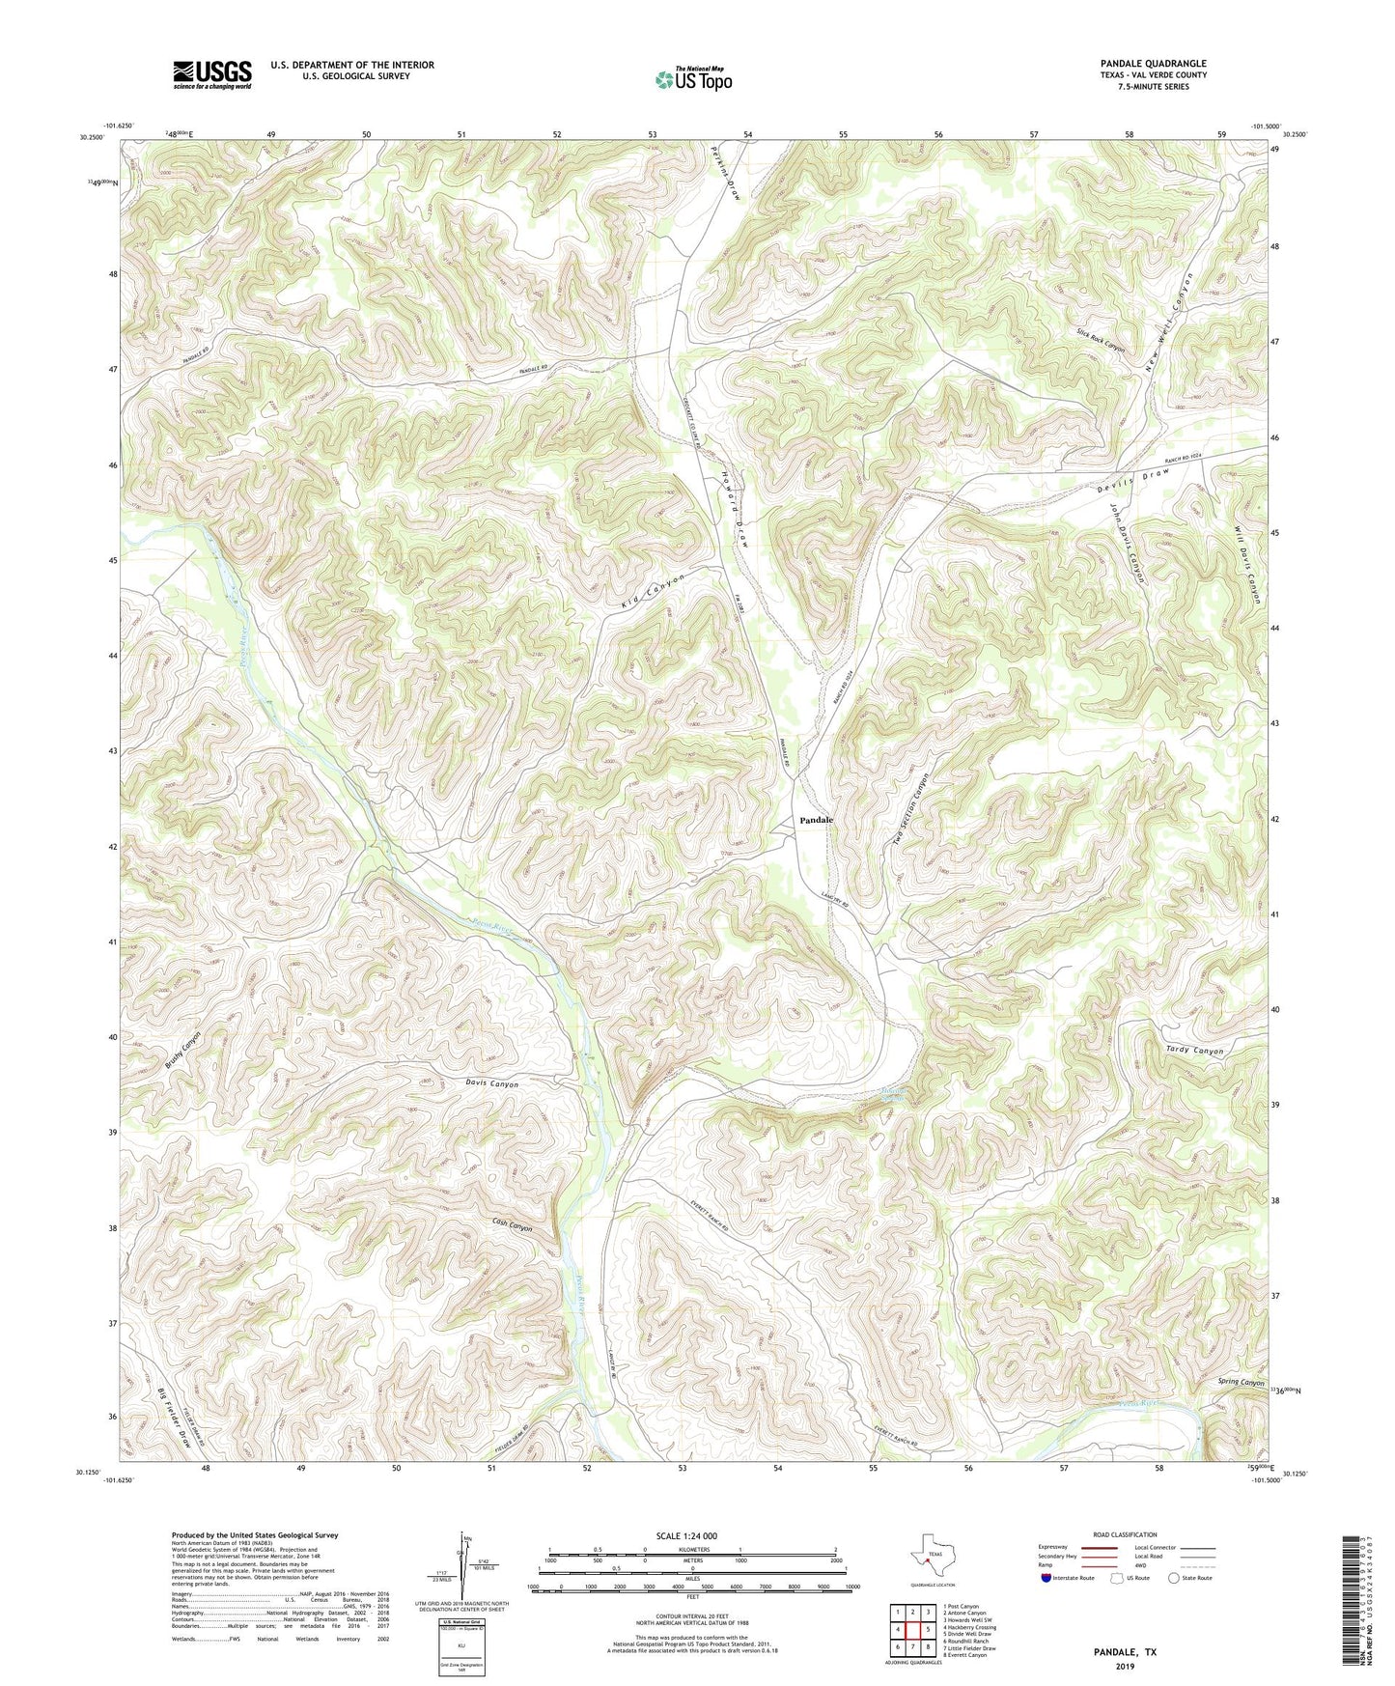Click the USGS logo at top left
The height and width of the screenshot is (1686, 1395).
pyautogui.click(x=212, y=74)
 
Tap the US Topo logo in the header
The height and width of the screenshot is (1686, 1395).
pyautogui.click(x=692, y=79)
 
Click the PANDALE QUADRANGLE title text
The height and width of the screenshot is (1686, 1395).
pyautogui.click(x=1153, y=64)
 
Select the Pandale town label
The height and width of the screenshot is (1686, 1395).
pyautogui.click(x=815, y=820)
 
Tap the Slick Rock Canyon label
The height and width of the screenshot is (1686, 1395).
pyautogui.click(x=1102, y=339)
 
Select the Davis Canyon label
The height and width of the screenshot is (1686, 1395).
pyautogui.click(x=486, y=1084)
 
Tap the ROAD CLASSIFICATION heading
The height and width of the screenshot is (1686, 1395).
pyautogui.click(x=1125, y=1534)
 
